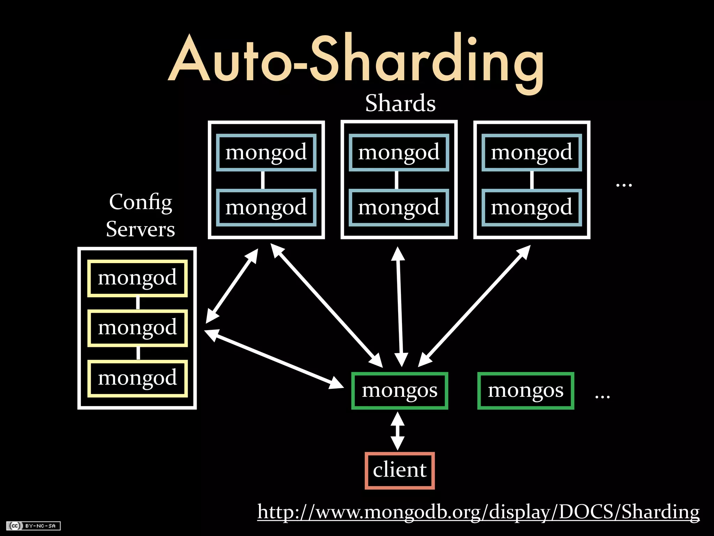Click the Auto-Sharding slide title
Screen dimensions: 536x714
coord(356,59)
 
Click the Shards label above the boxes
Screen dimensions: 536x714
coord(400,103)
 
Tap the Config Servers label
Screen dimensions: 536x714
coord(140,215)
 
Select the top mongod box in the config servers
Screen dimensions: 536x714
coord(137,278)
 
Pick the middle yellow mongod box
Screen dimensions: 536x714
coord(137,328)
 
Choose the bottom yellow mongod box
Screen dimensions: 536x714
coord(137,378)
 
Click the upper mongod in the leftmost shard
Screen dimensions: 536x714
coord(266,152)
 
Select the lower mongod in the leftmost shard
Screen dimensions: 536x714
coord(266,207)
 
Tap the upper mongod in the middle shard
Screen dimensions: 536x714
coord(399,152)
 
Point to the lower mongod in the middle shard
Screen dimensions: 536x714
coord(399,207)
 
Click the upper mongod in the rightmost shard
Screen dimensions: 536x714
coord(532,152)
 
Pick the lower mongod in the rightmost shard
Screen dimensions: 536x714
coord(532,207)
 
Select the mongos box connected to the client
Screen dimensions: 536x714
coord(400,390)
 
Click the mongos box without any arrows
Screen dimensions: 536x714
coord(525,390)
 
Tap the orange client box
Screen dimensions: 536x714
coord(400,470)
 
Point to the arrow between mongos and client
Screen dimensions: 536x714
coord(397,431)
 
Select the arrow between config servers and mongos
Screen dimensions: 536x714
coord(274,359)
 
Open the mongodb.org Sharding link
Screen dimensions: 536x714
coord(478,512)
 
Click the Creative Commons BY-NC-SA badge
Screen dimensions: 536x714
coord(33,526)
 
